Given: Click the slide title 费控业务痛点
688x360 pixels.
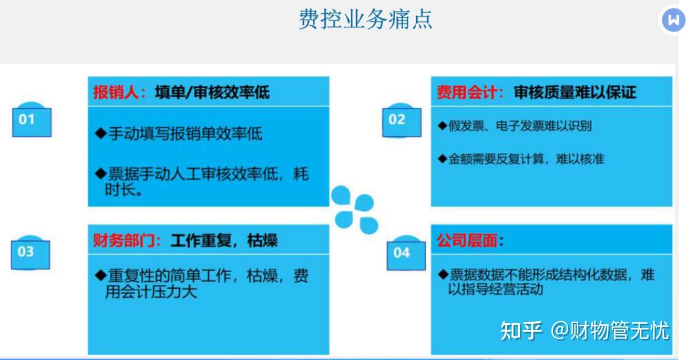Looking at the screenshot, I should click(365, 19).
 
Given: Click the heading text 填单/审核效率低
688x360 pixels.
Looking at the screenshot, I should click(212, 93).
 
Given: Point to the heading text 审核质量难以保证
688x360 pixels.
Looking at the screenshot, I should click(575, 93).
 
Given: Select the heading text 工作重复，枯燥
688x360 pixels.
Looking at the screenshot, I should click(224, 241).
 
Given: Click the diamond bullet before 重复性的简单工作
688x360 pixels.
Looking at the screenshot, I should click(100, 275).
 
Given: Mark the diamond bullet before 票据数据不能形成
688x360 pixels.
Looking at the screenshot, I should click(443, 275).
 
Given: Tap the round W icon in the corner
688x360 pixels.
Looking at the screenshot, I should click(673, 20).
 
